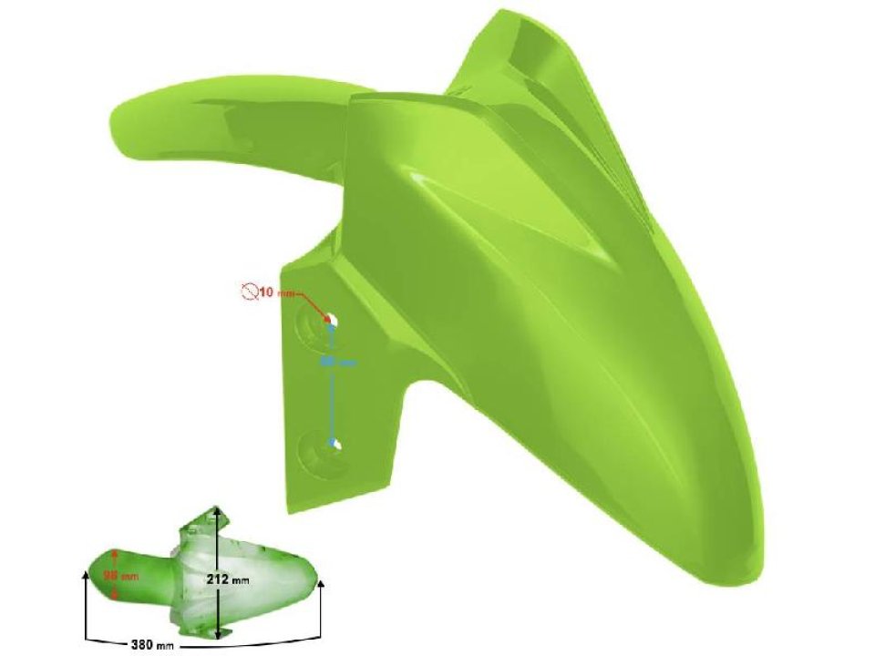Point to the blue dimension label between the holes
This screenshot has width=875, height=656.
(337, 362)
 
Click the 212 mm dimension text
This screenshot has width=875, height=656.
(234, 579)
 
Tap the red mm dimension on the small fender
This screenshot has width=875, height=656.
(120, 576)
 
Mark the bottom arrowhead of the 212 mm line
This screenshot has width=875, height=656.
(219, 634)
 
